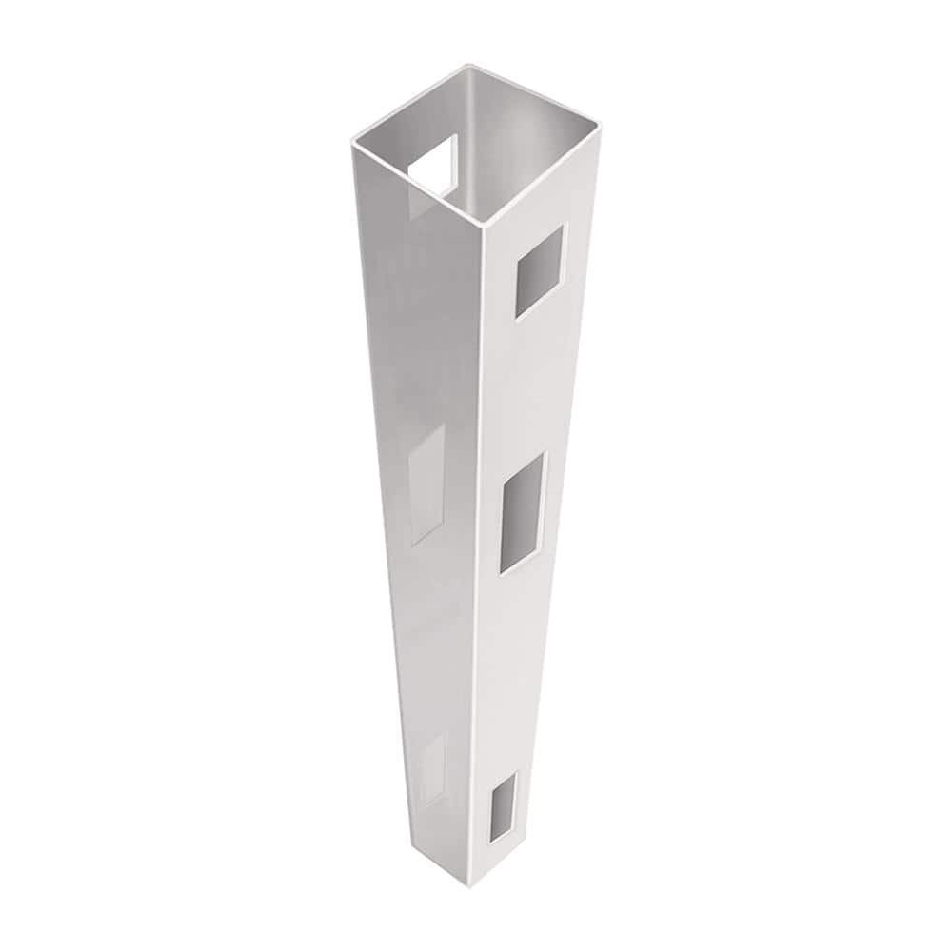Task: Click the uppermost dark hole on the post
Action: (x=539, y=271)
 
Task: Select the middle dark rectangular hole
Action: (x=523, y=513)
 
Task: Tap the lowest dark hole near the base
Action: (x=503, y=806)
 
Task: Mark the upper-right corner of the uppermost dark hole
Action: (x=564, y=226)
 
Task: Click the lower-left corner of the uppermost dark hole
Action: (x=515, y=317)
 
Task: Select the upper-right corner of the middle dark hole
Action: (x=545, y=455)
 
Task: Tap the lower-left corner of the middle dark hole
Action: (x=501, y=572)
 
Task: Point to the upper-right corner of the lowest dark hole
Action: (x=517, y=772)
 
